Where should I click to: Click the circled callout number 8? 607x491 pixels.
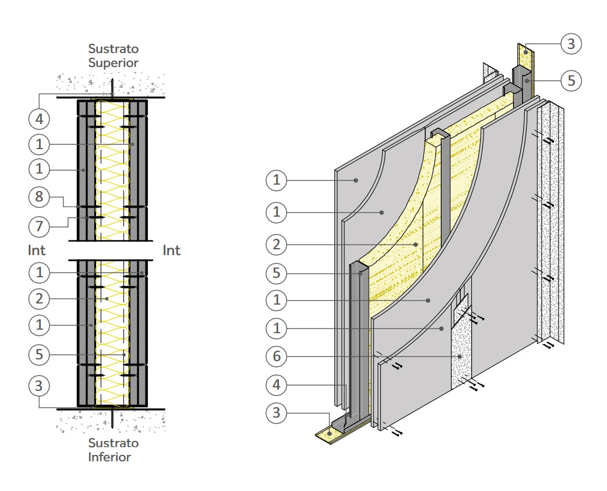(39, 197)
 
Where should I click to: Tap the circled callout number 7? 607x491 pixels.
(39, 225)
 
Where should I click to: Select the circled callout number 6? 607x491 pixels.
(277, 355)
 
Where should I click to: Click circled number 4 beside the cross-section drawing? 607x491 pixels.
(39, 119)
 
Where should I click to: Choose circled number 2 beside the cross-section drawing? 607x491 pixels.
(39, 299)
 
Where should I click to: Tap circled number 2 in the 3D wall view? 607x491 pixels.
(277, 245)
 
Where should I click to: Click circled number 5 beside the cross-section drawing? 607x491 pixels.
(39, 354)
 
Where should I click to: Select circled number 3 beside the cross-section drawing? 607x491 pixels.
(39, 385)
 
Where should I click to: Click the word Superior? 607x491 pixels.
(114, 62)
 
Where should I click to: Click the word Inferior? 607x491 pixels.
(110, 457)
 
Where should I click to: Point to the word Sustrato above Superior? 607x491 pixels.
(114, 48)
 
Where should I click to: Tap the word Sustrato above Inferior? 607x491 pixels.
(114, 443)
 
